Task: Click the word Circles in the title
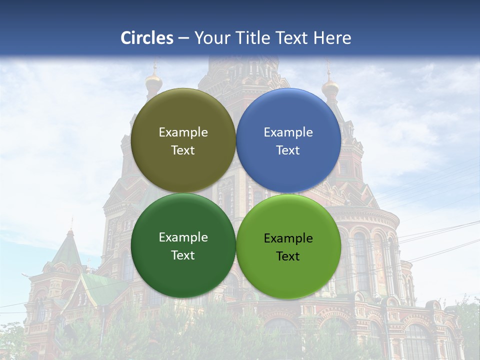point(146,38)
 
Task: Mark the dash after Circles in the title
point(183,38)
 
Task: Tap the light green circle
point(288,246)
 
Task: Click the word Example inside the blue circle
point(288,132)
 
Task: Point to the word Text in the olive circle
point(183,150)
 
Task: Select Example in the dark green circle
point(183,237)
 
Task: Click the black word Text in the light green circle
point(288,256)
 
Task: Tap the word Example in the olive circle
point(183,132)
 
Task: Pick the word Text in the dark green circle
point(183,255)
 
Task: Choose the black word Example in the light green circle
point(288,238)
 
